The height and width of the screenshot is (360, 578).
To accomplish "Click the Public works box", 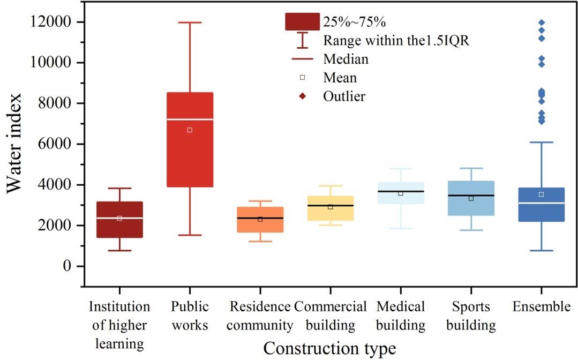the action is point(190,140).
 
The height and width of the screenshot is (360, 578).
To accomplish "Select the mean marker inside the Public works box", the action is point(190,130).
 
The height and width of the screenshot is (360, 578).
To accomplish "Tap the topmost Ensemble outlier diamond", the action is point(542,23).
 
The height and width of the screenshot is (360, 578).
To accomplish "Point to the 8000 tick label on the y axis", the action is point(54,103).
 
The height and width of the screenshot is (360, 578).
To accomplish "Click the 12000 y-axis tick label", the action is point(50,22).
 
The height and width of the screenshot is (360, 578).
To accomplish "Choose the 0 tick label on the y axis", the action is point(67,266).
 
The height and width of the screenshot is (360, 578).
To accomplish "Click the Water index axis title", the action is point(14,143).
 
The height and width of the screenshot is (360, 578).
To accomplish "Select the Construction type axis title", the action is point(329,348).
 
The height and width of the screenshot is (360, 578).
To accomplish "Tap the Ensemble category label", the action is point(542,306).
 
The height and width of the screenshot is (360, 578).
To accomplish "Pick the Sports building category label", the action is point(471,316).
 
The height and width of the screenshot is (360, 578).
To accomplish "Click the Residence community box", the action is point(260,220).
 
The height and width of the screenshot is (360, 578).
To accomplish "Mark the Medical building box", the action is point(401,193).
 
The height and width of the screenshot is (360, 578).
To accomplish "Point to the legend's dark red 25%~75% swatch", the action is point(302,22).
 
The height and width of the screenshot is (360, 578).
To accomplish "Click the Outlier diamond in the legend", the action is point(302,96).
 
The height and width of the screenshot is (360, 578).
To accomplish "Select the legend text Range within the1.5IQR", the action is point(396,41).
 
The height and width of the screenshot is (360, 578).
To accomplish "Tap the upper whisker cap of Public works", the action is point(190,22).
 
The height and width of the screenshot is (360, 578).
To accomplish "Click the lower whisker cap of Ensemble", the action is point(542,251).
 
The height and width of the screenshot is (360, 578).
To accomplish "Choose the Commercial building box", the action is point(331,208).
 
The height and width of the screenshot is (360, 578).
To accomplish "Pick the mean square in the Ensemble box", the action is point(542,194).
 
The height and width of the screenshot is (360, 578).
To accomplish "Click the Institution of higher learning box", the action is point(119,220).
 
